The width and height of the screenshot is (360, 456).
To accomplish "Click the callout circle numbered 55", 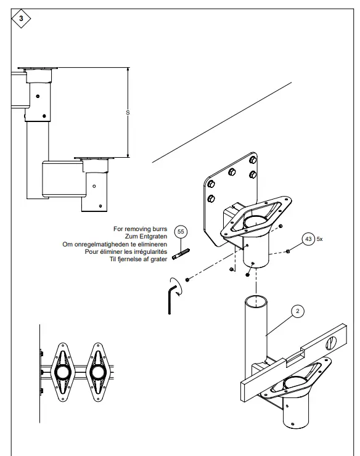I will click(x=181, y=232).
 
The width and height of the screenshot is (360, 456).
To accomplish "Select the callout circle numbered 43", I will click(x=308, y=239).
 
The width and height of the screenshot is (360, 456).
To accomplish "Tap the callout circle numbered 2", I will click(x=297, y=311).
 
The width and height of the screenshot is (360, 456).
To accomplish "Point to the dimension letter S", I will click(x=128, y=113).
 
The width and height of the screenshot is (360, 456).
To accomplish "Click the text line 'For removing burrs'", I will click(x=141, y=229).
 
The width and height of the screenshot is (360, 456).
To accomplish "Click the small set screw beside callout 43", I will click(x=288, y=251).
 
